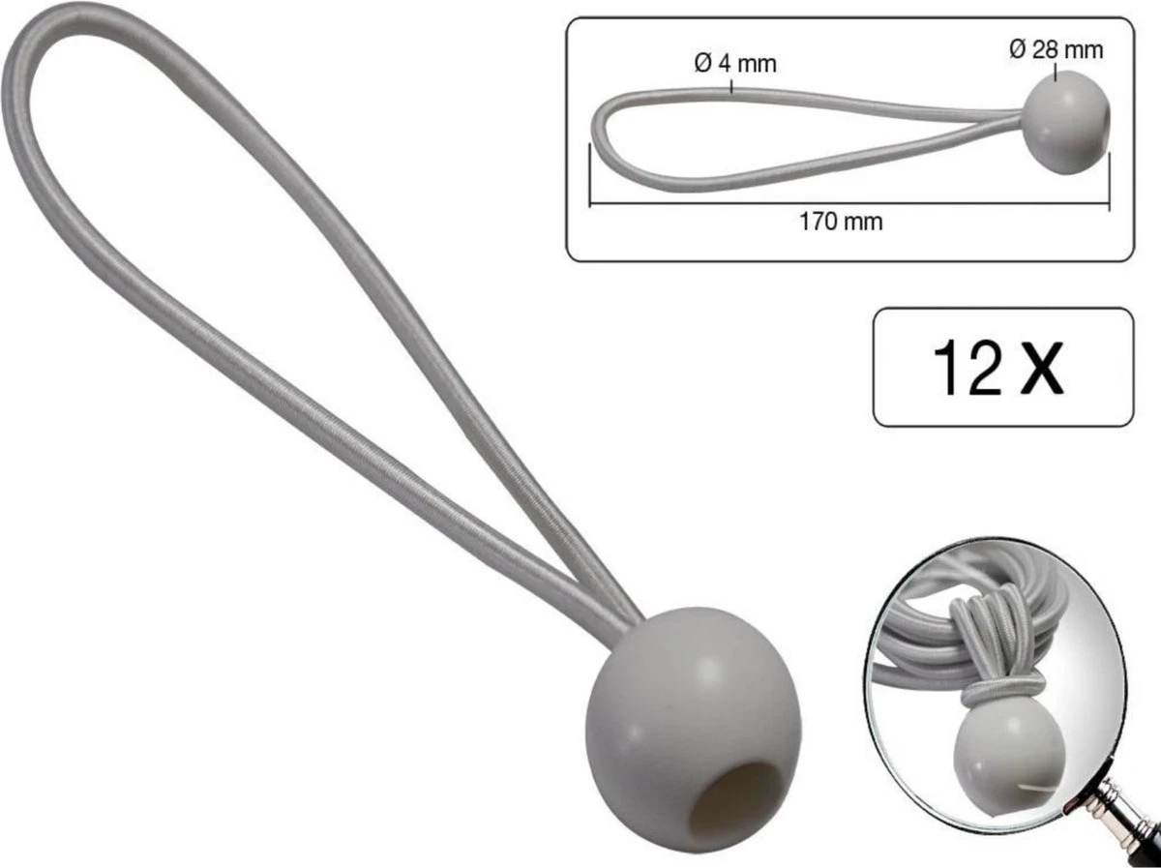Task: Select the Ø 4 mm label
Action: point(734,64)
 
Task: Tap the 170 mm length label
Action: point(840,221)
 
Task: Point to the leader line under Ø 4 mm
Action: point(732,85)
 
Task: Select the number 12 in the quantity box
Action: point(967,368)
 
